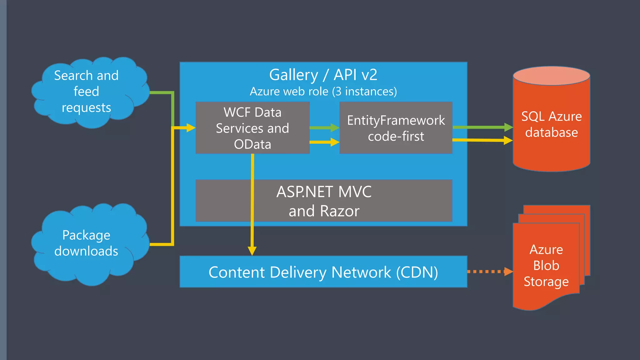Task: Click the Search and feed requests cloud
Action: coord(86,92)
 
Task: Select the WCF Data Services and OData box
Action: coord(252,128)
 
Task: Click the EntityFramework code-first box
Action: coord(396,128)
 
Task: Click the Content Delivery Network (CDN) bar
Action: coord(323,272)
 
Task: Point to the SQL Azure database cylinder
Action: coord(551,125)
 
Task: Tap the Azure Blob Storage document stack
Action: coord(546,266)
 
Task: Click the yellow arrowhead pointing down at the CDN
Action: coord(252,251)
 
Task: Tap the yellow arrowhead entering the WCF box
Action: coord(191,127)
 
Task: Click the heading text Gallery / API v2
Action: coord(323,75)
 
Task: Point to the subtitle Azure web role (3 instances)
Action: coord(323,92)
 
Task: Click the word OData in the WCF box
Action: coord(252,144)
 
